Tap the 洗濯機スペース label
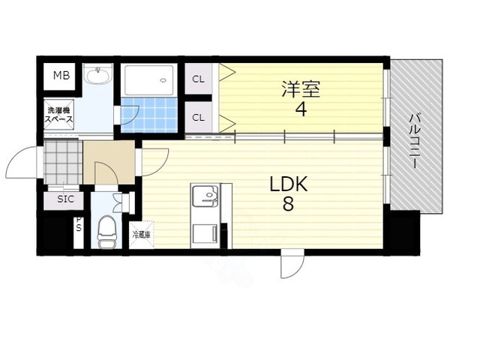pyautogui.click(x=58, y=114)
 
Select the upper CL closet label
pyautogui.click(x=199, y=79)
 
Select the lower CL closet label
pyautogui.click(x=199, y=116)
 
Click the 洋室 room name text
pyautogui.click(x=301, y=89)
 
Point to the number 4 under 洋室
pyautogui.click(x=301, y=109)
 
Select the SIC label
pyautogui.click(x=64, y=200)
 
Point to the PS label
pyautogui.click(x=77, y=229)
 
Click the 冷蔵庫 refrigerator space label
pyautogui.click(x=141, y=235)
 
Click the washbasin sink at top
pyautogui.click(x=97, y=76)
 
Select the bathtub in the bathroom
pyautogui.click(x=148, y=79)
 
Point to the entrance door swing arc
pyautogui.click(x=20, y=161)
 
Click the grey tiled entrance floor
pyautogui.click(x=61, y=160)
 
